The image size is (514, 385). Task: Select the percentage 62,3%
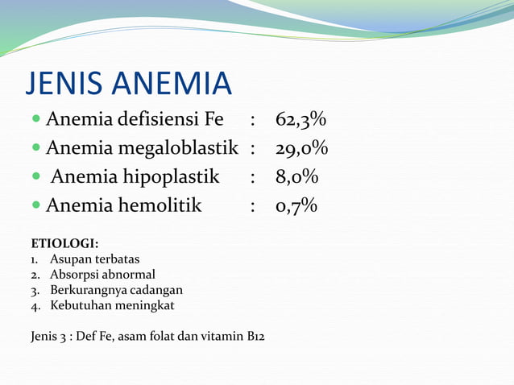[301, 121]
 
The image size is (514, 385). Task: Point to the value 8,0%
[296, 178]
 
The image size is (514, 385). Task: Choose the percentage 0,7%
[296, 207]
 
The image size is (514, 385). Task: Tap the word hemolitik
[160, 207]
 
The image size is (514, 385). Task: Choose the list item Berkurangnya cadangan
[116, 290]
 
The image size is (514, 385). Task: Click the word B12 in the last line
[255, 336]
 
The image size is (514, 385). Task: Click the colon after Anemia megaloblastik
[254, 150]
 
